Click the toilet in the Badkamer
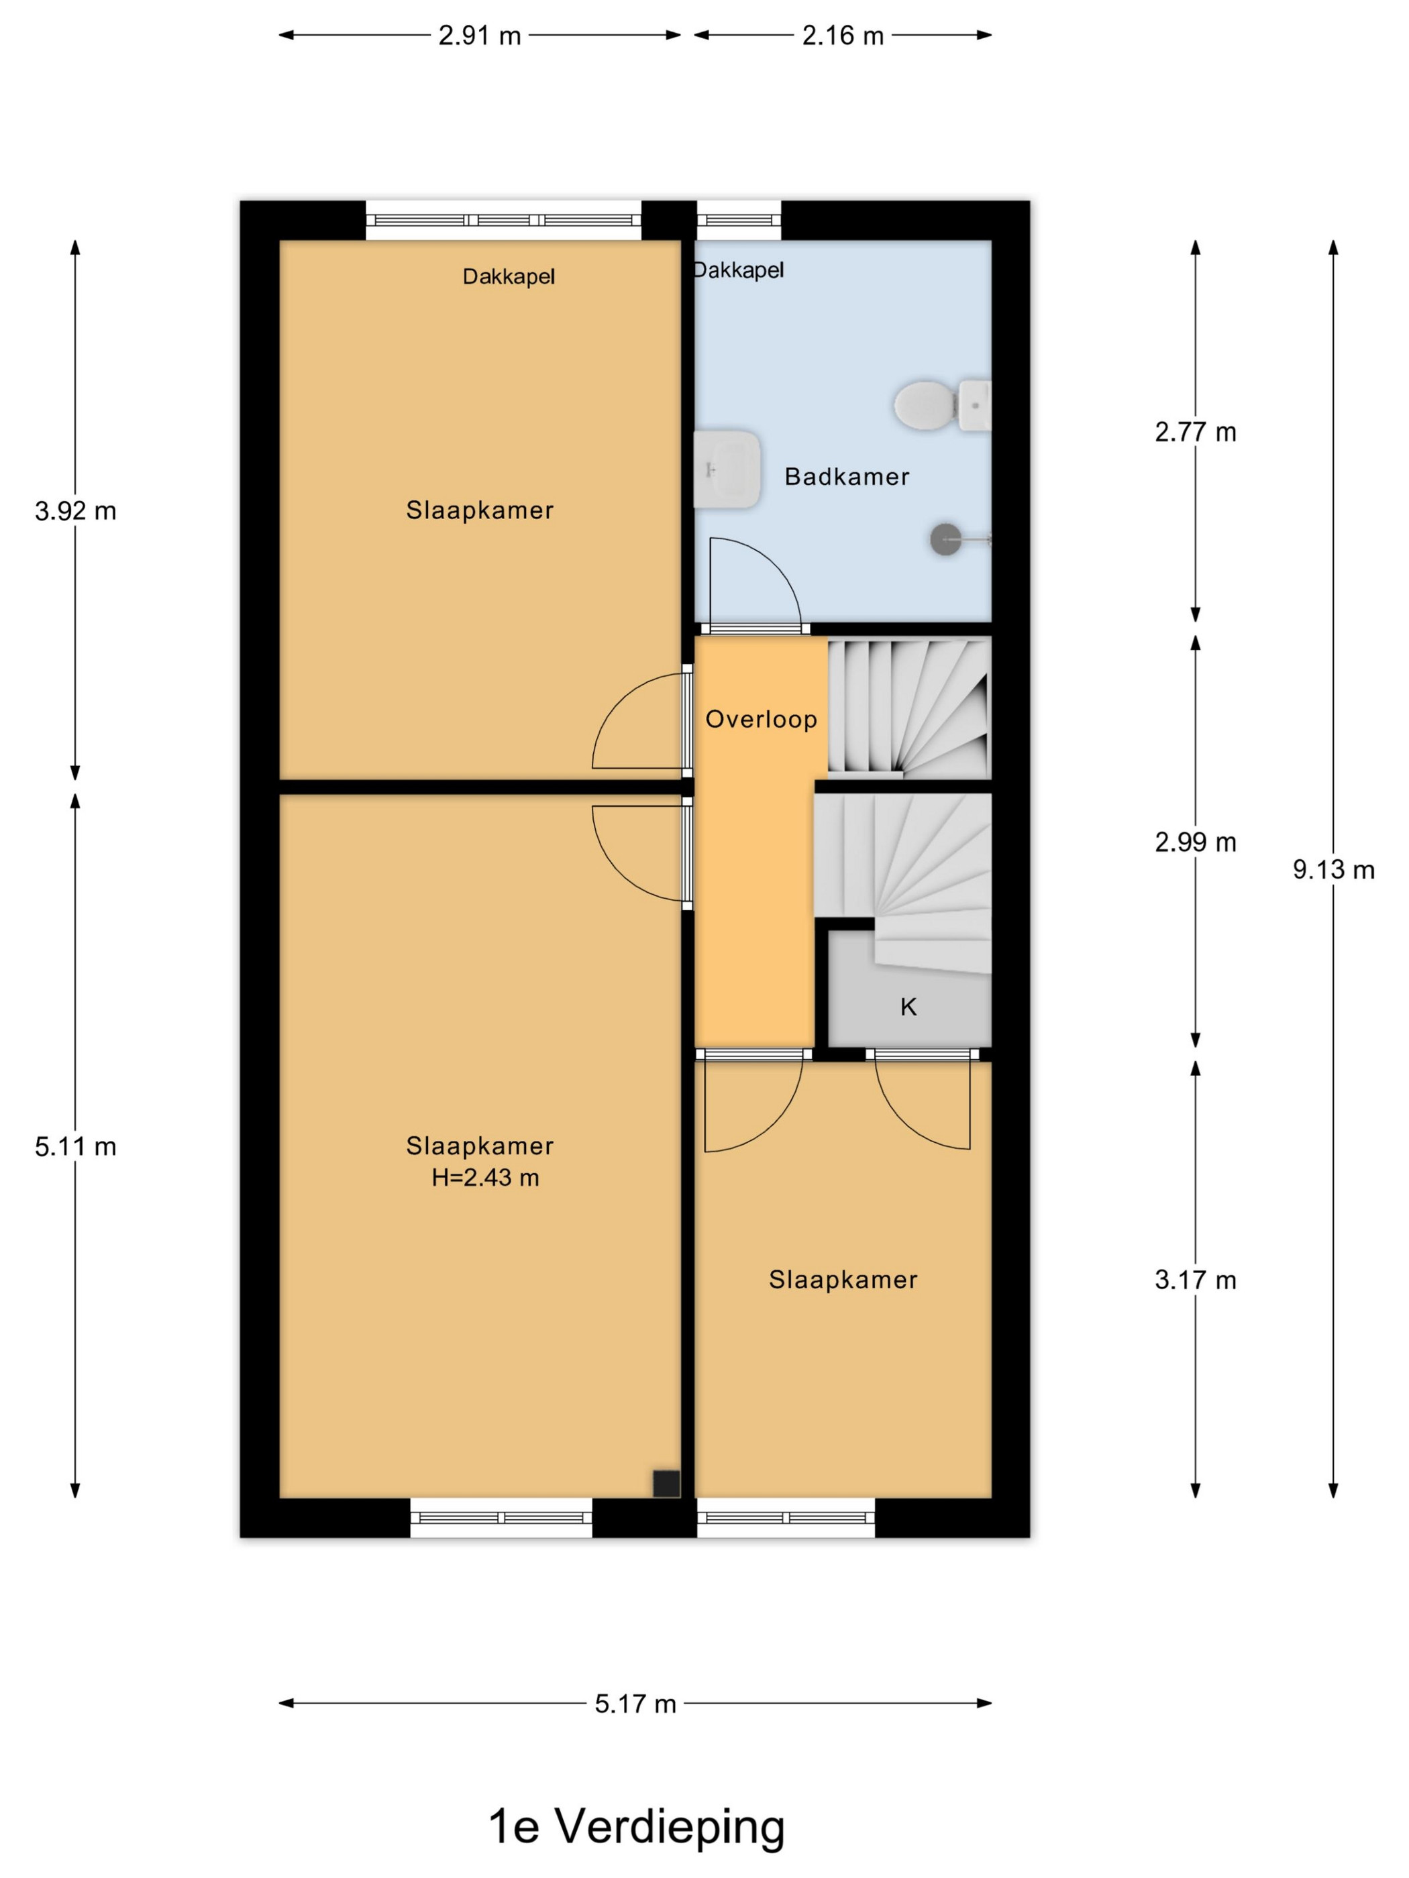pyautogui.click(x=941, y=405)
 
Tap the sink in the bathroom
pyautogui.click(x=726, y=469)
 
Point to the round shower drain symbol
pyautogui.click(x=945, y=539)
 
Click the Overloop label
pyautogui.click(x=761, y=719)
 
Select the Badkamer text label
pyautogui.click(x=847, y=476)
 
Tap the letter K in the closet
pyautogui.click(x=908, y=1007)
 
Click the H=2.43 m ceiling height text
pyautogui.click(x=485, y=1178)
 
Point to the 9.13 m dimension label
pyautogui.click(x=1333, y=869)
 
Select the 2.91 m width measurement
pyautogui.click(x=479, y=36)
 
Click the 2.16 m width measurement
pyautogui.click(x=843, y=36)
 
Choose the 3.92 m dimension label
pyautogui.click(x=76, y=511)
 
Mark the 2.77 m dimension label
pyautogui.click(x=1195, y=432)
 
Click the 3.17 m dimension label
pyautogui.click(x=1195, y=1280)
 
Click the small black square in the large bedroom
pyautogui.click(x=666, y=1483)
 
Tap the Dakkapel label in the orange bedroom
pyautogui.click(x=509, y=277)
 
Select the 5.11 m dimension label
pyautogui.click(x=76, y=1147)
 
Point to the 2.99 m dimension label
pyautogui.click(x=1195, y=842)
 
